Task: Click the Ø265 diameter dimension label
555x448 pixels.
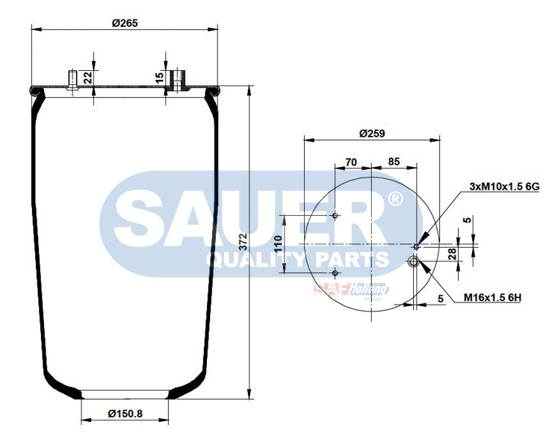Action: point(125,22)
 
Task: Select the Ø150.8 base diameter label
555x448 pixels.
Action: point(125,414)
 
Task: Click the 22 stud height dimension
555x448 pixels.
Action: point(87,76)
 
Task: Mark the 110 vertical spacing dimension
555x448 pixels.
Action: point(278,245)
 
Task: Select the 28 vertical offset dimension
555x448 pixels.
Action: point(452,254)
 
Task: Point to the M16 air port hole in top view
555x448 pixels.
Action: point(413,261)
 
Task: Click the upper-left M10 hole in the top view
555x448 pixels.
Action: point(335,217)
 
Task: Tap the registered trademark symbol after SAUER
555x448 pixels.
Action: point(395,199)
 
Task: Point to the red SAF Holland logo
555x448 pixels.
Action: point(351,289)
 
